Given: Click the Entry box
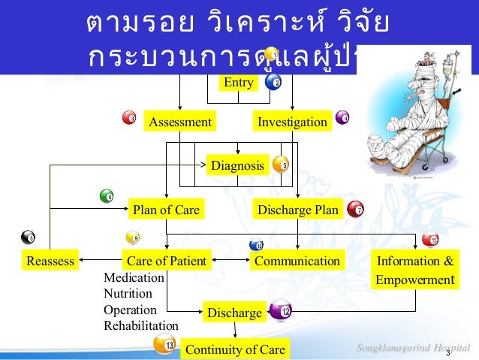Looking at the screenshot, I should [238, 83].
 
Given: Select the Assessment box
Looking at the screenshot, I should [180, 122].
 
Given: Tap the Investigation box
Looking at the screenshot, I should [292, 122].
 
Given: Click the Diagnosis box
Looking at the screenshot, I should [237, 165].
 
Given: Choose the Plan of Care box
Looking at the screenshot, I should [166, 210].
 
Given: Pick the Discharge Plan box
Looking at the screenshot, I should [298, 210].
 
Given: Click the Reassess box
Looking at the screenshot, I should [50, 262].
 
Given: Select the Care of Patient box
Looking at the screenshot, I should [167, 262].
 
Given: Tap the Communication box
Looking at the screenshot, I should [297, 262].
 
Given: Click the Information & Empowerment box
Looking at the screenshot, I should [415, 271].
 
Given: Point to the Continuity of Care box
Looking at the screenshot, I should [235, 349].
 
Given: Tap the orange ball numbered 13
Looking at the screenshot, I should [164, 344].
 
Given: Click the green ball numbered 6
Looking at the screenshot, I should [107, 196].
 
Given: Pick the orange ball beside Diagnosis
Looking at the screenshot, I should [281, 165].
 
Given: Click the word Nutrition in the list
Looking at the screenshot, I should [128, 294].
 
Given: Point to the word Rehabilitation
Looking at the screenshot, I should [141, 325].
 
